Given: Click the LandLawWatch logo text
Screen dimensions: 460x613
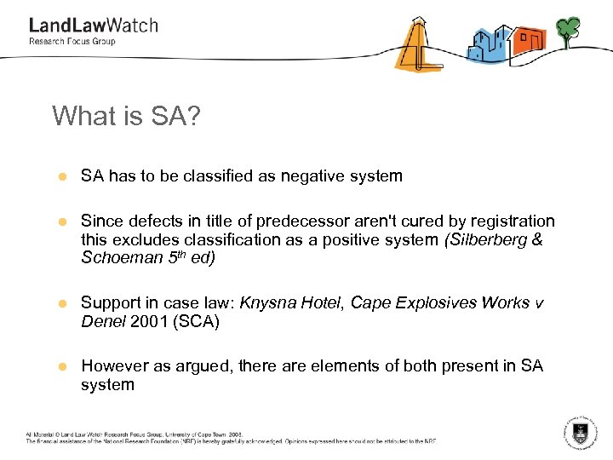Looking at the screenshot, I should coord(93,26).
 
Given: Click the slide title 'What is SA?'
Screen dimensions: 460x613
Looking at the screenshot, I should coord(126,116).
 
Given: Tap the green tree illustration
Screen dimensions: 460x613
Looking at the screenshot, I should coord(568,31).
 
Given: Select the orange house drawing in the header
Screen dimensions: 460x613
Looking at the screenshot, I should coord(529,40).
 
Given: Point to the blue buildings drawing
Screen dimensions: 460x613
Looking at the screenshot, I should coord(488,43).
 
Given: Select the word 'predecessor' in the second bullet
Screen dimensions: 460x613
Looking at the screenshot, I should coord(315,221).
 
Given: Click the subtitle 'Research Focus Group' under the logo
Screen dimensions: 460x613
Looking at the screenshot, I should coord(72,42).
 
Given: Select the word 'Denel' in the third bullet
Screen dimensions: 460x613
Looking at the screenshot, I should coord(102,321).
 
